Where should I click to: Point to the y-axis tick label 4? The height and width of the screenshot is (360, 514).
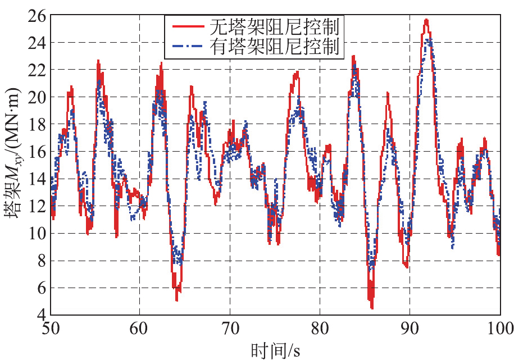42,316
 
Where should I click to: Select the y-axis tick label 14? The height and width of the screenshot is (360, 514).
38,179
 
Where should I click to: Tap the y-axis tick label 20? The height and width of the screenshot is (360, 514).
38,97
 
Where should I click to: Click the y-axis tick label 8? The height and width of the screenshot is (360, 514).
42,261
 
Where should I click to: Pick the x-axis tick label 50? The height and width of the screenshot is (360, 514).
50,329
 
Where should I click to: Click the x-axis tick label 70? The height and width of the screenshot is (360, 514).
230,329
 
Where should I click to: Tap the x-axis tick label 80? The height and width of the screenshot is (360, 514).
320,329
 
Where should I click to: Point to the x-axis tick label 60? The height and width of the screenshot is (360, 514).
140,329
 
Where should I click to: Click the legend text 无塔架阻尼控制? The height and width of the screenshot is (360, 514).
275,26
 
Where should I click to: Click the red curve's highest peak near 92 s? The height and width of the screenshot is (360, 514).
426,20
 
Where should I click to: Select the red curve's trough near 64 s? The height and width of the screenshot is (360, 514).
176,300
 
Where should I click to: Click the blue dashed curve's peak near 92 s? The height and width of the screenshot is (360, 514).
429,39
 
